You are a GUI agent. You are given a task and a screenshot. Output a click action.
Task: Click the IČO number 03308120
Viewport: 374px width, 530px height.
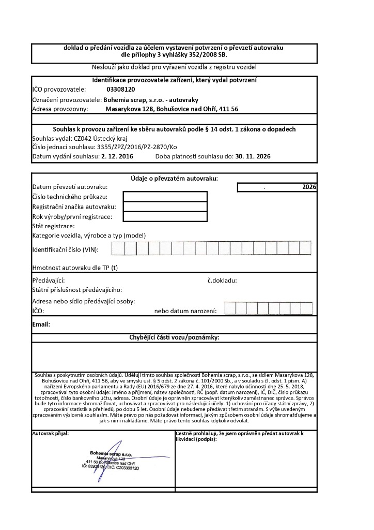(121, 90)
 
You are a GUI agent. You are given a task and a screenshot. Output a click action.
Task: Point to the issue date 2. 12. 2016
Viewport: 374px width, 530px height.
(117, 156)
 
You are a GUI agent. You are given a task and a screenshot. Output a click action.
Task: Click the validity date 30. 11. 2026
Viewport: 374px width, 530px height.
(253, 156)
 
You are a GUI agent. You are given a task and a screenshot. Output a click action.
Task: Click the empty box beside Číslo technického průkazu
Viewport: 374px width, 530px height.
(165, 197)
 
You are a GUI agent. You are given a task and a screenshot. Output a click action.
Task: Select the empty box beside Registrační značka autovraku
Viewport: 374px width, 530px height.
(165, 207)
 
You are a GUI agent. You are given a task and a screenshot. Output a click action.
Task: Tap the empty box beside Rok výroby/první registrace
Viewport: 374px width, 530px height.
(165, 216)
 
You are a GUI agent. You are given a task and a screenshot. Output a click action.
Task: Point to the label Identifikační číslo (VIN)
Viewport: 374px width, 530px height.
(65, 250)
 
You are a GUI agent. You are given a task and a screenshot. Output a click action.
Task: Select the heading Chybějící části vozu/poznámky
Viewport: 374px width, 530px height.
(174, 337)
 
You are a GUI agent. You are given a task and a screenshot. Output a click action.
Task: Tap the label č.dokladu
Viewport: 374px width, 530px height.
(222, 281)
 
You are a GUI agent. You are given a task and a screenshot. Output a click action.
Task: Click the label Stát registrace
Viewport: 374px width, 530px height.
(54, 226)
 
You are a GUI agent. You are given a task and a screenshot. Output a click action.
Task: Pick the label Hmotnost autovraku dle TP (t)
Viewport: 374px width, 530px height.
(75, 268)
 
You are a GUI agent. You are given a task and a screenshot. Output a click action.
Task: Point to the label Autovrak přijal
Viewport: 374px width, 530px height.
(50, 432)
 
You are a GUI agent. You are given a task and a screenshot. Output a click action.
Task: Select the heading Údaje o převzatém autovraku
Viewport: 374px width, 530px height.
(174, 178)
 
